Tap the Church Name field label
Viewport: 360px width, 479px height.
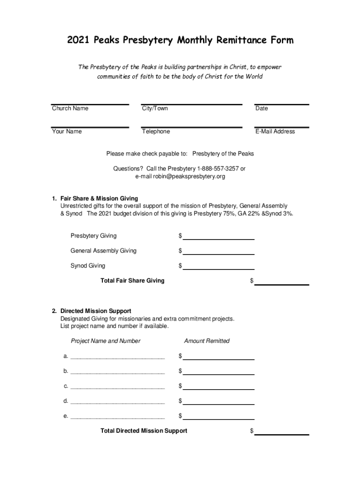[x=70, y=109]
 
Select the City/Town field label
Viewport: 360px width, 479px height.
[x=155, y=109]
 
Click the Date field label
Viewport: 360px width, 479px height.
[x=261, y=109]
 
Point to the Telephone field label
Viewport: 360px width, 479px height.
[x=156, y=131]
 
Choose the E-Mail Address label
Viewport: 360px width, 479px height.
[x=275, y=131]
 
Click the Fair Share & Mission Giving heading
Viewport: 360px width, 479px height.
[x=99, y=198]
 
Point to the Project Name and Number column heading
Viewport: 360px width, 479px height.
[x=105, y=341]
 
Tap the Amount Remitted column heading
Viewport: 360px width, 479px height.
[x=207, y=341]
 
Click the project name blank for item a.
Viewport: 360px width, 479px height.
[x=117, y=357]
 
